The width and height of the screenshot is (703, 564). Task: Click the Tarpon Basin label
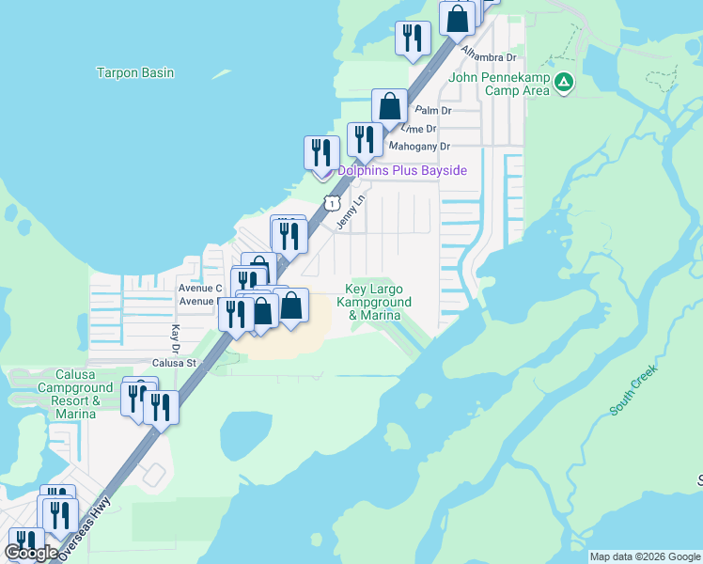tap(135, 72)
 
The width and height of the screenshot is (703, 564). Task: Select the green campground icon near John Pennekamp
tap(563, 84)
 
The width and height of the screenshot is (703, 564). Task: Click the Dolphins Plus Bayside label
tap(402, 170)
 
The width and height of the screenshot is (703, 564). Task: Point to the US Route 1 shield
tap(332, 202)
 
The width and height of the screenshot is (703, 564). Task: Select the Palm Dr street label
tap(433, 110)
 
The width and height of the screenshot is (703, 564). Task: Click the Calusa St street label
tap(174, 363)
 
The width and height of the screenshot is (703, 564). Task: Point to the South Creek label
tap(634, 389)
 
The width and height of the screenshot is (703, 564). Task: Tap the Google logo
tap(31, 553)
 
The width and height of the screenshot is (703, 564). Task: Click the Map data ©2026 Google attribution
tap(645, 556)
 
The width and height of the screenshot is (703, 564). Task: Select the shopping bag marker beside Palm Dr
tap(389, 108)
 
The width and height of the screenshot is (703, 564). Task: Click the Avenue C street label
tap(199, 288)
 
